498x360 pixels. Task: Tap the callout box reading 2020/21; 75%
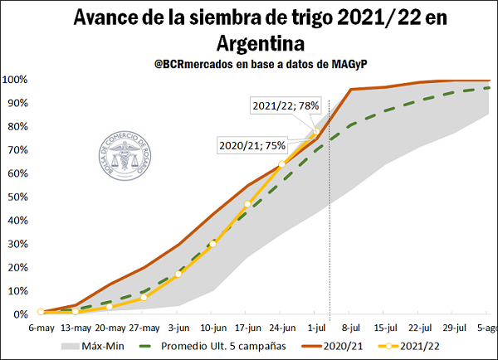coord(252,144)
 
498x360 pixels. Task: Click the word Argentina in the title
coord(257,41)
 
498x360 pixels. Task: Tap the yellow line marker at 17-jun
coord(247,204)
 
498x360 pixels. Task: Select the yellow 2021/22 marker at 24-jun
coord(282,164)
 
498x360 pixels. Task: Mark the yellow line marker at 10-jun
coord(212,243)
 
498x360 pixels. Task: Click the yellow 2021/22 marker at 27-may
coord(144,297)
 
